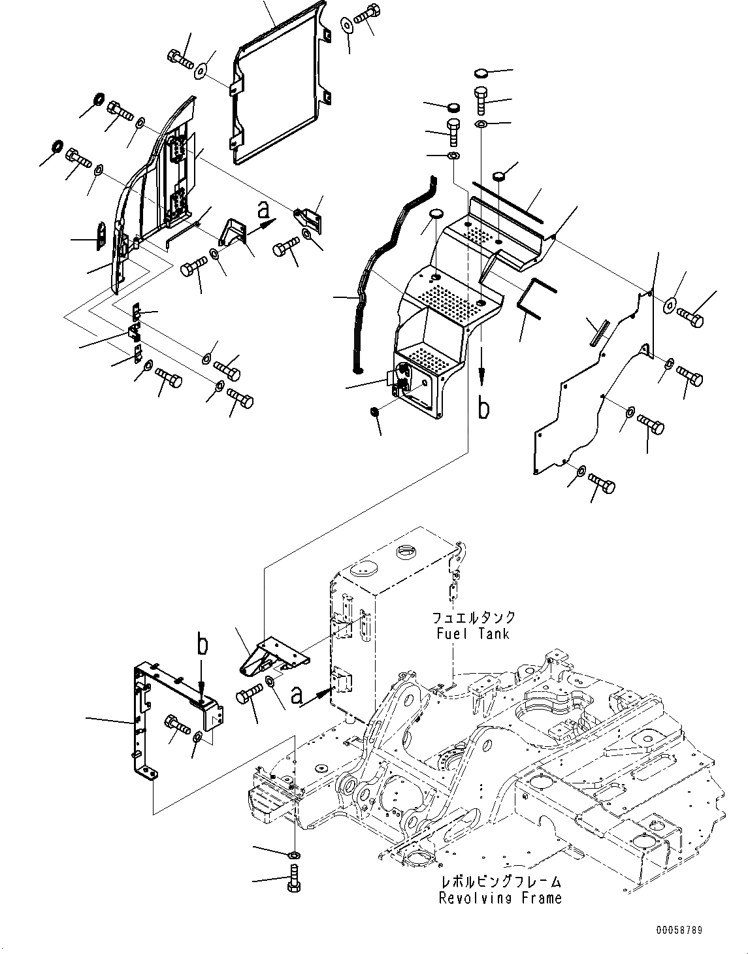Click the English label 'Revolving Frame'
point(500,898)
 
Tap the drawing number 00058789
point(679,930)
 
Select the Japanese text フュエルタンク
point(473,617)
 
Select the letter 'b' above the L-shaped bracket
point(203,644)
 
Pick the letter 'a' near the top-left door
point(263,210)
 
